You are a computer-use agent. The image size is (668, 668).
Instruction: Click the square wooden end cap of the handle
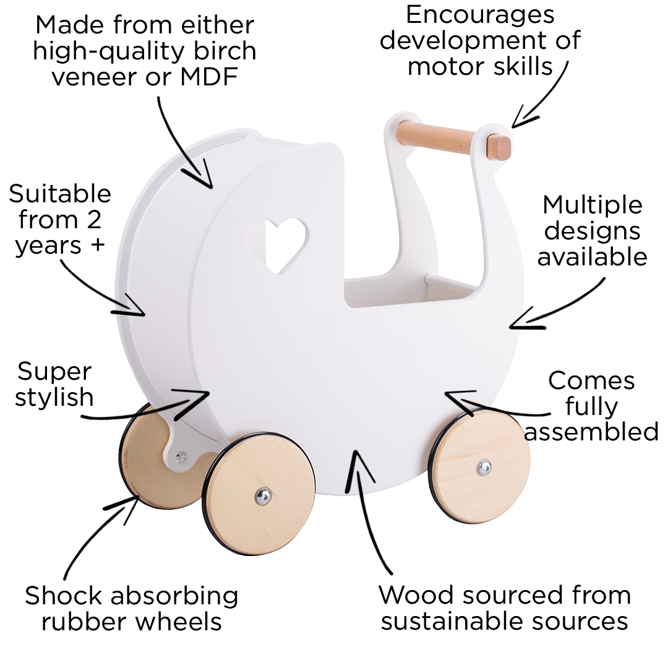point(499,147)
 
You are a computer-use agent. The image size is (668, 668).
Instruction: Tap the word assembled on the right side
point(591,432)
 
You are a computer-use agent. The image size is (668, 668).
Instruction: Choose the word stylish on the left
point(54,398)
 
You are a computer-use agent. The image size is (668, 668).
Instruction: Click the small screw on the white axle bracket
point(180,458)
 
